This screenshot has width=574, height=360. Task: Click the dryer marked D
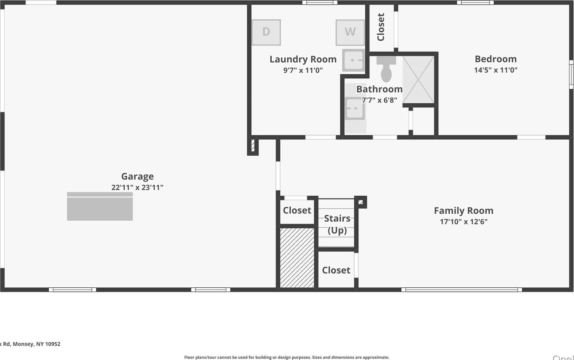tap(266, 32)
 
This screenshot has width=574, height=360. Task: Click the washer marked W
tap(350, 32)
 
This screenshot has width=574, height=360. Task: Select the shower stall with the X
tap(418, 80)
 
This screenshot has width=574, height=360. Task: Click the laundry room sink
tap(353, 60)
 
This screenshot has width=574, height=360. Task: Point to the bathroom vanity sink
tap(354, 108)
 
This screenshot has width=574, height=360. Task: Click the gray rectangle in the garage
tap(100, 207)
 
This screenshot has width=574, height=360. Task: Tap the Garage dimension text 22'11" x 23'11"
tap(137, 188)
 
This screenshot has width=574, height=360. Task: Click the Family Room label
tap(463, 211)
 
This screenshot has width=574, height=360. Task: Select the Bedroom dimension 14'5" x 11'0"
tap(496, 70)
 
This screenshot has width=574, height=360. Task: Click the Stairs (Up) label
tap(337, 224)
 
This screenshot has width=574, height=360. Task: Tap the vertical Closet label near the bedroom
tap(381, 27)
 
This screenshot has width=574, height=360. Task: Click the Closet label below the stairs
tap(336, 270)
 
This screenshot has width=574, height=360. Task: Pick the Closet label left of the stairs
tap(297, 211)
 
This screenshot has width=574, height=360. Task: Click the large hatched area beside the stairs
tap(297, 258)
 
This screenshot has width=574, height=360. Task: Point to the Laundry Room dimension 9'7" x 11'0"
tap(303, 70)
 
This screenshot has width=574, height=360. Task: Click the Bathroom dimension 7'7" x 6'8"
tap(379, 100)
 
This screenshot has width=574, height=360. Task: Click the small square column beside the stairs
tap(361, 202)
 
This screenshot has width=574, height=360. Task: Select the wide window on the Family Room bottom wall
tap(461, 290)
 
